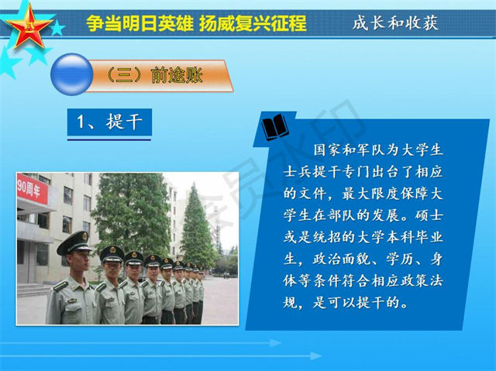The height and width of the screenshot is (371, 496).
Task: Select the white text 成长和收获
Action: pyautogui.click(x=395, y=22)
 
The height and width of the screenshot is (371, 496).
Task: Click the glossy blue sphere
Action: pyautogui.click(x=72, y=74)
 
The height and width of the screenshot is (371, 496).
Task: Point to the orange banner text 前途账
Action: pyautogui.click(x=177, y=76)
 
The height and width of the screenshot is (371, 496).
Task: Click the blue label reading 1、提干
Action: pyautogui.click(x=109, y=122)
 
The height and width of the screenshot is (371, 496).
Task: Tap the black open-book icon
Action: pyautogui.click(x=275, y=127)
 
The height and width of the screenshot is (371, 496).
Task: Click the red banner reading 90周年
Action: pyautogui.click(x=33, y=189)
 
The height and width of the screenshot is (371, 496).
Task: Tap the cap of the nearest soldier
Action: pyautogui.click(x=74, y=242)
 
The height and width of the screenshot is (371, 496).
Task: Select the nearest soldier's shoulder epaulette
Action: pyautogui.click(x=60, y=286)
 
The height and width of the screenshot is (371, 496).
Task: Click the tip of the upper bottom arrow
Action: pyautogui.click(x=281, y=343)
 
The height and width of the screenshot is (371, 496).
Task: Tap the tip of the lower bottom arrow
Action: pyautogui.click(x=322, y=356)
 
